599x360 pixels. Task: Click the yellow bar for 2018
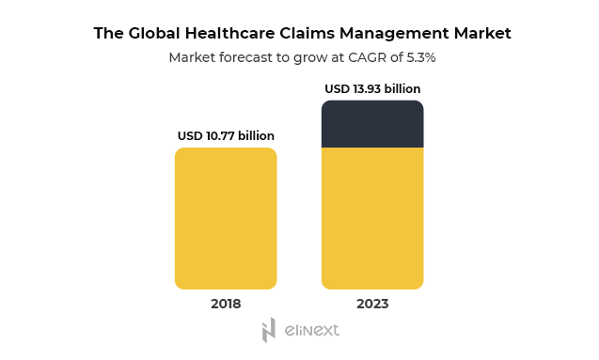coord(226,218)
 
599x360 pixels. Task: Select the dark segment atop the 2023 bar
coord(372,124)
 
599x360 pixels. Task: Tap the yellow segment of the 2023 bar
coord(372,218)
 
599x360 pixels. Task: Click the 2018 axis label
coord(226,304)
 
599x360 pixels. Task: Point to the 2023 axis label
coord(372,304)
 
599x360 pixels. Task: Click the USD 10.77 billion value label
coord(226,136)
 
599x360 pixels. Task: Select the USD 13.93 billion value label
coord(372,89)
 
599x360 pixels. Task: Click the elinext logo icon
coord(268,330)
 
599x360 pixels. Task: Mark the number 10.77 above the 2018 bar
coord(223,136)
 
